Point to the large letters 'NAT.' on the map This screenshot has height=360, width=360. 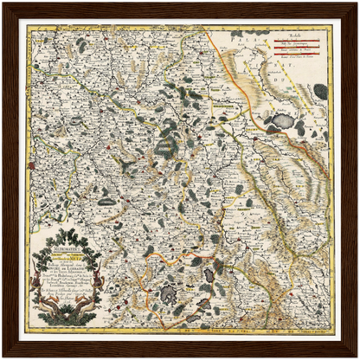click(x=302, y=73)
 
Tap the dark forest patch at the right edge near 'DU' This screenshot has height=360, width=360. click(x=321, y=90)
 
